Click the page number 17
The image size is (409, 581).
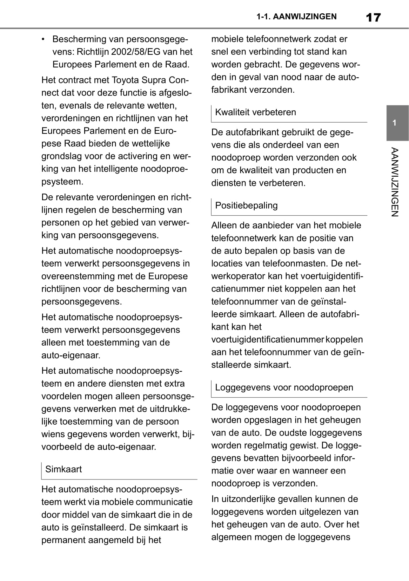coord(373,17)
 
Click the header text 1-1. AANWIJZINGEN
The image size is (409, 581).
coord(296,17)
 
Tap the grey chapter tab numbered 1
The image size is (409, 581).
coord(397,123)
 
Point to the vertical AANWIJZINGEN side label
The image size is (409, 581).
coord(395,182)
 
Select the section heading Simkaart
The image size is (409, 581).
coord(63,469)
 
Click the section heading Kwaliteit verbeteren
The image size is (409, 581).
coord(255,112)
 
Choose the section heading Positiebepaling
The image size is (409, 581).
coord(246,205)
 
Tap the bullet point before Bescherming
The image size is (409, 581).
coord(43,39)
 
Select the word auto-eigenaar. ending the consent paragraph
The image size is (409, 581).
coord(71,355)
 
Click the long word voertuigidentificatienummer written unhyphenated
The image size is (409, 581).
coord(267,340)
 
